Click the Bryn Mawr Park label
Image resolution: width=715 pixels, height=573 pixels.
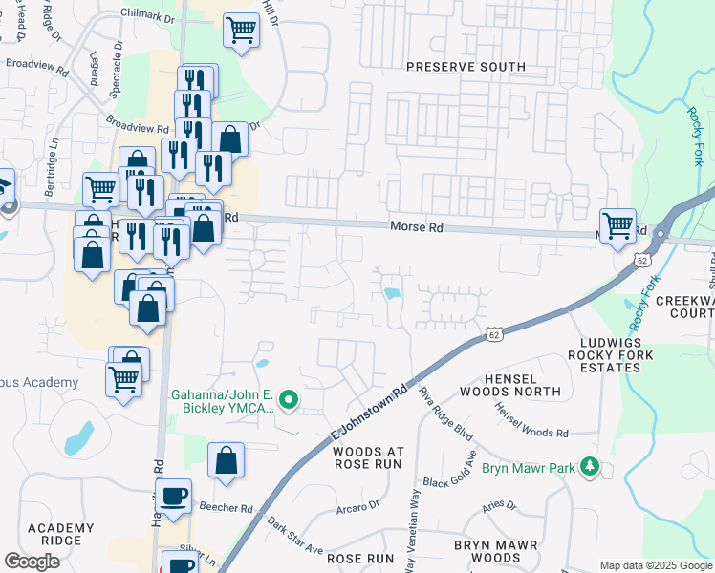533,468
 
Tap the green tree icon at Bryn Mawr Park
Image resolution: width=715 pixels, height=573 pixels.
592,467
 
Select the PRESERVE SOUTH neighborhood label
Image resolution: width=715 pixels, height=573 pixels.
466,67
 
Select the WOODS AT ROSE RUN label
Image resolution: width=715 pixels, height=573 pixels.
370,457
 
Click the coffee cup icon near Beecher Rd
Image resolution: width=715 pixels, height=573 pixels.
174,498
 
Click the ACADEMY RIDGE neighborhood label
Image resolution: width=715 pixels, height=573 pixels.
60,535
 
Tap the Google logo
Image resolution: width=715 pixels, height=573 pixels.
32,562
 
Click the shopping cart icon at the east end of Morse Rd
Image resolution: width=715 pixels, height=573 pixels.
617,225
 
